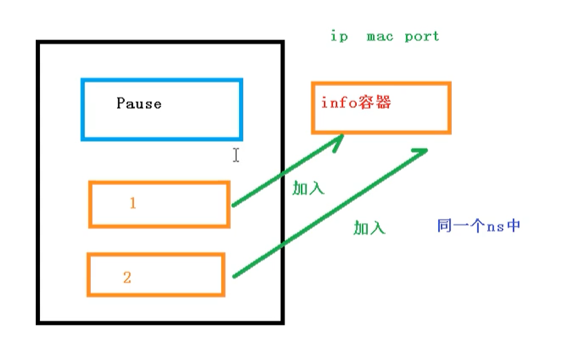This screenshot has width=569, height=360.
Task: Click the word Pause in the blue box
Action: (x=138, y=104)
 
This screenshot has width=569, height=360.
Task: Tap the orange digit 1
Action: (x=133, y=204)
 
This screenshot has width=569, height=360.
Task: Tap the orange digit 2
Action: (x=127, y=277)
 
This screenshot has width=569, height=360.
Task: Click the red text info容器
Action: (x=355, y=103)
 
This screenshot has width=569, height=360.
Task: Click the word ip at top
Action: (x=339, y=36)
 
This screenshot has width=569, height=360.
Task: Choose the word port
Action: (x=422, y=36)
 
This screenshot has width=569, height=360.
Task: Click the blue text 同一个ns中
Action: (x=478, y=225)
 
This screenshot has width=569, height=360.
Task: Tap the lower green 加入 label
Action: (x=369, y=228)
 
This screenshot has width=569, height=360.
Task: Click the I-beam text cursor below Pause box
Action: (x=236, y=155)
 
